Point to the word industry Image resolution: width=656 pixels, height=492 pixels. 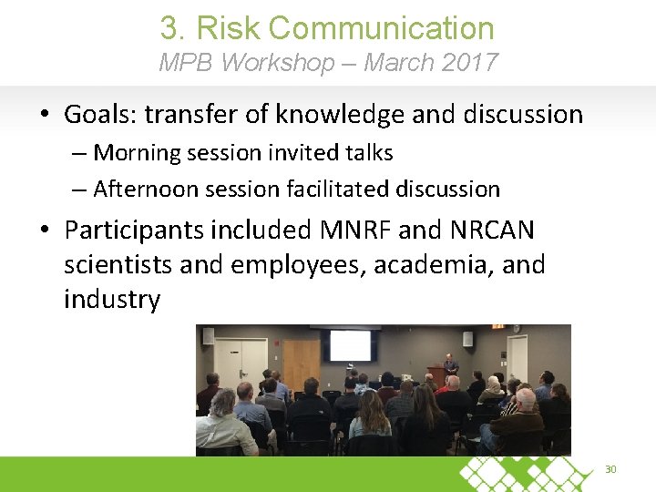click(112, 299)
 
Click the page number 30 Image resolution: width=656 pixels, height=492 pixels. click(610, 469)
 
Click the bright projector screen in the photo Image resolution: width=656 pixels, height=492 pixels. click(351, 345)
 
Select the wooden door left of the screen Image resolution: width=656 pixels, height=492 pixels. click(301, 361)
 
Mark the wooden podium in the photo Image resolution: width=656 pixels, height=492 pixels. click(438, 375)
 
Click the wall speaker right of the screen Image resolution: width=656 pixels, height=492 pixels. click(467, 339)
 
